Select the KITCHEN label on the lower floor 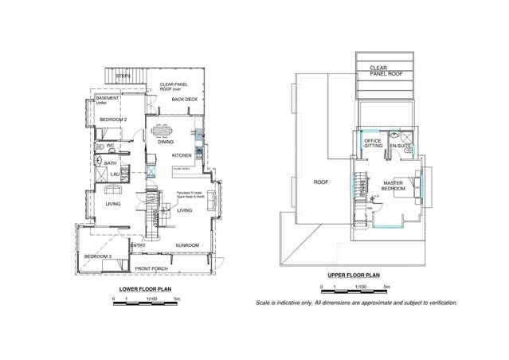[x=182, y=156]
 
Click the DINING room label [x=166, y=142]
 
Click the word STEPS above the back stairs [x=123, y=76]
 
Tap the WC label [x=112, y=147]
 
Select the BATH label [x=110, y=162]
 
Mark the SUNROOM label [x=187, y=245]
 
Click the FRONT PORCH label [x=151, y=269]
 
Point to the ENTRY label [x=138, y=245]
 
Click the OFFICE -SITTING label [x=373, y=143]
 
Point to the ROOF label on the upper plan [x=320, y=182]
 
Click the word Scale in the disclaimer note [x=264, y=303]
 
